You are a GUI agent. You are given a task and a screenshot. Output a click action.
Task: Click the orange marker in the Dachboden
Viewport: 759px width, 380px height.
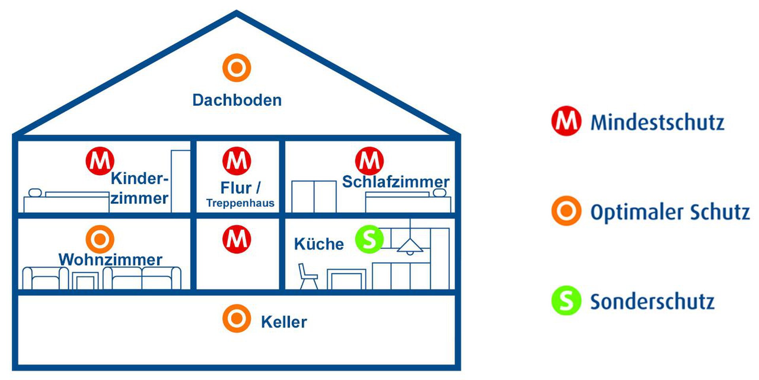click(x=236, y=68)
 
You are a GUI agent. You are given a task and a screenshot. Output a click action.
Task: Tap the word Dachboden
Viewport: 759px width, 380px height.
click(x=237, y=100)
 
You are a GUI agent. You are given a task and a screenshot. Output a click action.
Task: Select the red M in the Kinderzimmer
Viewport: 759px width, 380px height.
click(x=100, y=161)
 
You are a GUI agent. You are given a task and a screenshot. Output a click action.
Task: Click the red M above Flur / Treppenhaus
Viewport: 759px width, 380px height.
click(x=236, y=161)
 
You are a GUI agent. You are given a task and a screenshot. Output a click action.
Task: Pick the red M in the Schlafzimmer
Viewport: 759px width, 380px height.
click(x=369, y=161)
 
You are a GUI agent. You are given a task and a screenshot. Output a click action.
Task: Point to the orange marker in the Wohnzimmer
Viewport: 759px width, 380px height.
click(x=100, y=239)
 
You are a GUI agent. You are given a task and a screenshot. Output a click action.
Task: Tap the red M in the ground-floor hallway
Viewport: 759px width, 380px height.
click(x=236, y=239)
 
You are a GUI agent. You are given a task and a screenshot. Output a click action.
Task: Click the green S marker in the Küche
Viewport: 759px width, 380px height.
click(x=369, y=239)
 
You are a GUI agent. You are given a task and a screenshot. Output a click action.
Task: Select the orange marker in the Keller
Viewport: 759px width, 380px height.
click(x=236, y=318)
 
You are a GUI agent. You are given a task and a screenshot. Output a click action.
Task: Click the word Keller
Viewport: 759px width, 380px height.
click(x=284, y=322)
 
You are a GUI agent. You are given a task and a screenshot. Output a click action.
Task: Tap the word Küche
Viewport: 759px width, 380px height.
click(x=319, y=244)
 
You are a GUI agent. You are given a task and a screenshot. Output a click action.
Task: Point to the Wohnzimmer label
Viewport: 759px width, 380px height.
click(x=110, y=260)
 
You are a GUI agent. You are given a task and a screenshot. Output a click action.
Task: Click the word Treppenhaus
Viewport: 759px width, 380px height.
click(x=240, y=203)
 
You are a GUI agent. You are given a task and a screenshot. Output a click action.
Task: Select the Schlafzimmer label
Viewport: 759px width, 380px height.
click(x=395, y=182)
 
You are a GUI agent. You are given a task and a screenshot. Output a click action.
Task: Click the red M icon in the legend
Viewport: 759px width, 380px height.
click(x=566, y=121)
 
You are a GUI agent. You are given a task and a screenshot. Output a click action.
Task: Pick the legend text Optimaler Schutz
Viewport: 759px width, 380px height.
click(x=670, y=212)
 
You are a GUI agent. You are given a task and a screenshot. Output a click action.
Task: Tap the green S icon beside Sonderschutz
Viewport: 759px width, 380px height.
click(x=566, y=300)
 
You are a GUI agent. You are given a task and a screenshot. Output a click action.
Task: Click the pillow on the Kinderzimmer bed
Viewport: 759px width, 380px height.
click(x=35, y=193)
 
